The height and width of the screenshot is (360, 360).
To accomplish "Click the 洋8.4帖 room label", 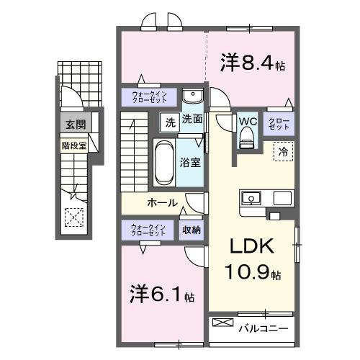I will click(x=252, y=63).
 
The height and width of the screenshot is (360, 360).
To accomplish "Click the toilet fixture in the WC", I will click(x=247, y=136).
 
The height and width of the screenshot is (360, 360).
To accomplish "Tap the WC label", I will click(x=248, y=120).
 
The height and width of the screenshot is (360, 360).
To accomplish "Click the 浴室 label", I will click(x=191, y=163).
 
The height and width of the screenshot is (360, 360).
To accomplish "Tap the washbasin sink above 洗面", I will click(x=192, y=97).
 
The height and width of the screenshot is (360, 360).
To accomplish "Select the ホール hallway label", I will click(x=163, y=202).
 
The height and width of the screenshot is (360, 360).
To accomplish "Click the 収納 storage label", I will click(x=191, y=230).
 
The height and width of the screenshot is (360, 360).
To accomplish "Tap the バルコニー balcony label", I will click(x=264, y=328).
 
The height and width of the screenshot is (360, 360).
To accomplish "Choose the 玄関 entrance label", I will click(x=75, y=125).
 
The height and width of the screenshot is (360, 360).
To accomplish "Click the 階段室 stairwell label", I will click(x=73, y=144).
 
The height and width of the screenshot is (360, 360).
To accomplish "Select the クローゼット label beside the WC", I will click(x=279, y=122).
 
